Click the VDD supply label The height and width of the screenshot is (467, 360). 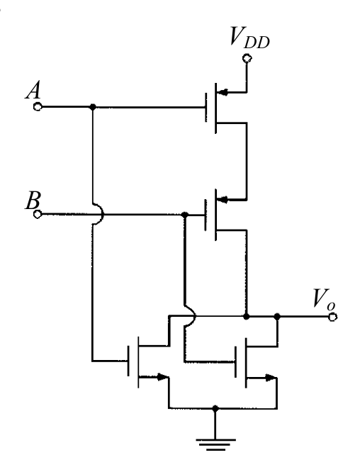point(250,38)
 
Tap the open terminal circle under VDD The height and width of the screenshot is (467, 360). point(247,58)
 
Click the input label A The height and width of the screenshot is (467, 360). point(33,91)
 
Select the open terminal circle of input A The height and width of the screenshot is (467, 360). point(38,106)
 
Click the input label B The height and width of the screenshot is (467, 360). point(33,200)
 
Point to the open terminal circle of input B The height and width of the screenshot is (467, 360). point(38,214)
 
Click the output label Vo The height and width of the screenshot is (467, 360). point(324,299)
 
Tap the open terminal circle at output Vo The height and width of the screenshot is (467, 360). point(332,317)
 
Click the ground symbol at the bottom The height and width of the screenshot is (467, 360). point(215,444)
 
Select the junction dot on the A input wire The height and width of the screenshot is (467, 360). point(93,106)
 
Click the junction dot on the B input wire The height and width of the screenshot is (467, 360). point(185,215)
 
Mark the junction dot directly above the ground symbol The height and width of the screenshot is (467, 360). point(215,408)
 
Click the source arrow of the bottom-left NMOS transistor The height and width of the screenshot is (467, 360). point(162,377)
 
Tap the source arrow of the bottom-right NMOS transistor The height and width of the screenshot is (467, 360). point(271,378)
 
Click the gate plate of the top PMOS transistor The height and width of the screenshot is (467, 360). point(206,107)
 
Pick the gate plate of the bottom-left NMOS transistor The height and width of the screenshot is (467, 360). point(129,361)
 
